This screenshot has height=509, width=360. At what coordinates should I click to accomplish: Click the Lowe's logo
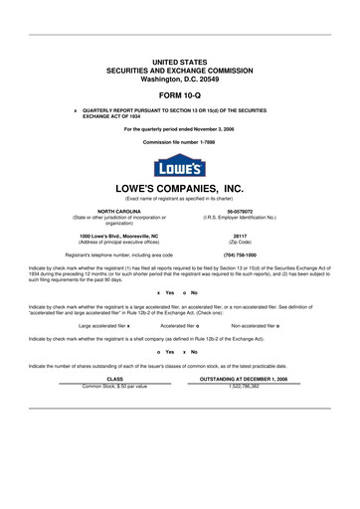tap(179, 165)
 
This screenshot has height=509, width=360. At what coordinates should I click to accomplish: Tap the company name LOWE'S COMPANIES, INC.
tap(179, 188)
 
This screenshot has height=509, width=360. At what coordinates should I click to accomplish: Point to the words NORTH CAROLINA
tap(118, 211)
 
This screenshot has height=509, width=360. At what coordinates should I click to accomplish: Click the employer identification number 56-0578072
tap(240, 211)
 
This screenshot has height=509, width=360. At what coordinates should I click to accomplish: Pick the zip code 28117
tap(240, 236)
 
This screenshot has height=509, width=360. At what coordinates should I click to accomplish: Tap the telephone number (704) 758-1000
tap(240, 254)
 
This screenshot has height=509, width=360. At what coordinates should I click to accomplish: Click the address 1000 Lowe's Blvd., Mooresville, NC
tap(118, 236)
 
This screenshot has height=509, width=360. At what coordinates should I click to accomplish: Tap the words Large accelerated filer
tap(101, 325)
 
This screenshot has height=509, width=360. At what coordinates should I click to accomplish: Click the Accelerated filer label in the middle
tap(177, 325)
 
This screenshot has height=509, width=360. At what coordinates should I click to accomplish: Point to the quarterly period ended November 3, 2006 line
tap(179, 129)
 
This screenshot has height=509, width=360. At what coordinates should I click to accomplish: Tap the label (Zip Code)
tap(240, 242)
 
